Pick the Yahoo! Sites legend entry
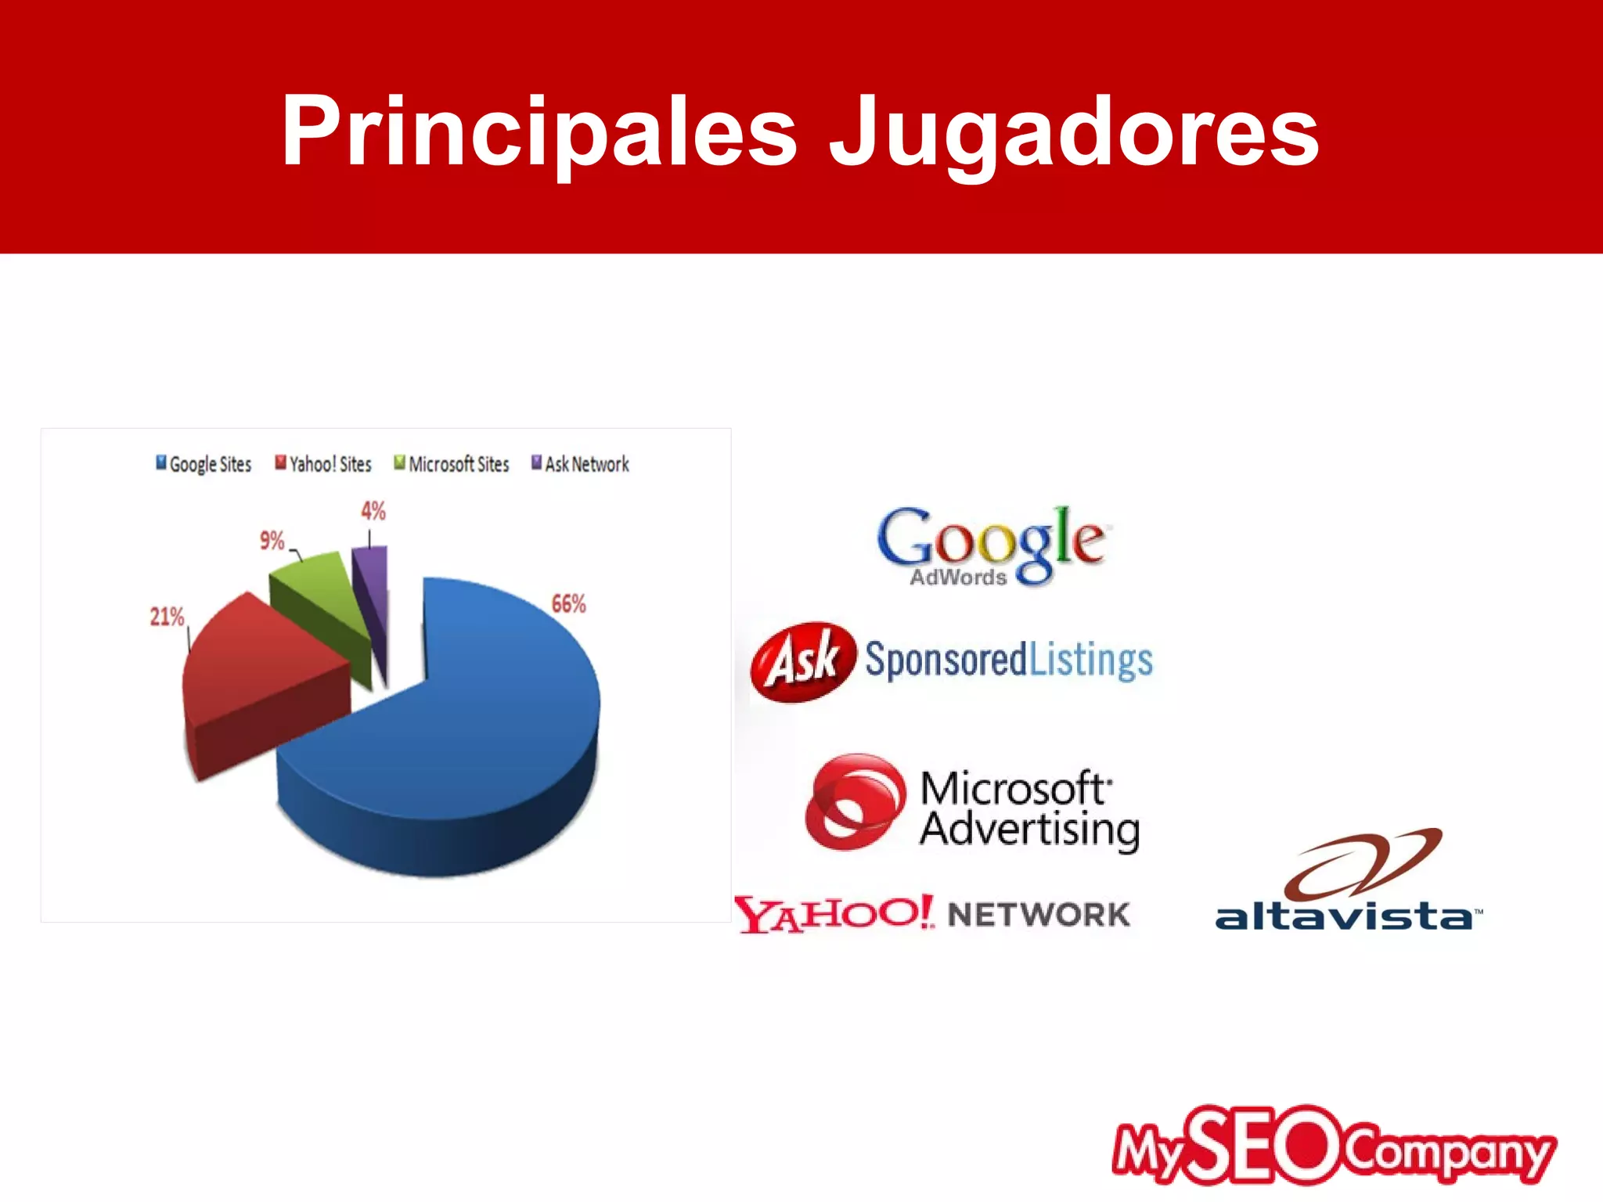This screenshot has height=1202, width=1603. tap(323, 464)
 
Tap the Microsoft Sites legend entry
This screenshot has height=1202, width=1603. tap(452, 464)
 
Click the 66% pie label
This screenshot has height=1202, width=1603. tap(568, 603)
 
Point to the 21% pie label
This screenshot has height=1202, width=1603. tap(167, 617)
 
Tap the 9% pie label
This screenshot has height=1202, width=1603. tap(272, 540)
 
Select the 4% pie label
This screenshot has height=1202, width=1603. tap(373, 511)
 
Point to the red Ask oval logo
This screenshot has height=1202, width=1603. tap(802, 662)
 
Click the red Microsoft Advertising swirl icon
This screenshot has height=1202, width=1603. tap(854, 801)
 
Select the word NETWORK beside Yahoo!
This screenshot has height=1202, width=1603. tap(1038, 914)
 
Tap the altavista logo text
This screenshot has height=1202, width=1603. tap(1344, 916)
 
